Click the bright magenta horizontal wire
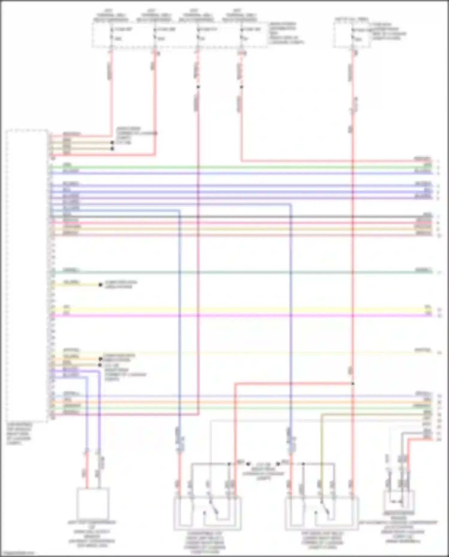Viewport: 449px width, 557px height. pyautogui.click(x=239, y=315)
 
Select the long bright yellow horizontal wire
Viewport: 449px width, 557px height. pyautogui.click(x=239, y=309)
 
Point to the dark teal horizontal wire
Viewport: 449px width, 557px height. pyautogui.click(x=239, y=272)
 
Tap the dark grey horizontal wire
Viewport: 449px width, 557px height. pyautogui.click(x=239, y=216)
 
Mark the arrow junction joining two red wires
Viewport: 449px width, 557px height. pyautogui.click(x=353, y=383)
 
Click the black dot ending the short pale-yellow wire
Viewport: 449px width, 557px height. pyautogui.click(x=101, y=285)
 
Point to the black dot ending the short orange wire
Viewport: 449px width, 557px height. pyautogui.click(x=101, y=359)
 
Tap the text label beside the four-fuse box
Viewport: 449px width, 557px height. pyautogui.click(x=286, y=33)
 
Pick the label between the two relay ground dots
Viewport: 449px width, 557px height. pyautogui.click(x=263, y=471)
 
